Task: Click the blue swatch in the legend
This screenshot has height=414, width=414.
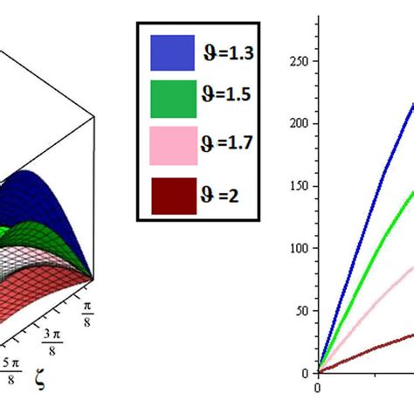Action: click(171, 52)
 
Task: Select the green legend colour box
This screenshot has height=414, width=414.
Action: click(171, 98)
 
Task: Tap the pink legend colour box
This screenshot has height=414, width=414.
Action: click(171, 145)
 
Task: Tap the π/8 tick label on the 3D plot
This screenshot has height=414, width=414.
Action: click(88, 311)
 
